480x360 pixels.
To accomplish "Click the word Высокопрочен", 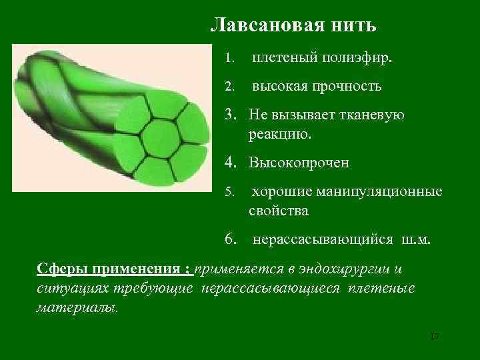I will point(299,162).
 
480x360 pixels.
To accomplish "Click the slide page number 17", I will point(435,336).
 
